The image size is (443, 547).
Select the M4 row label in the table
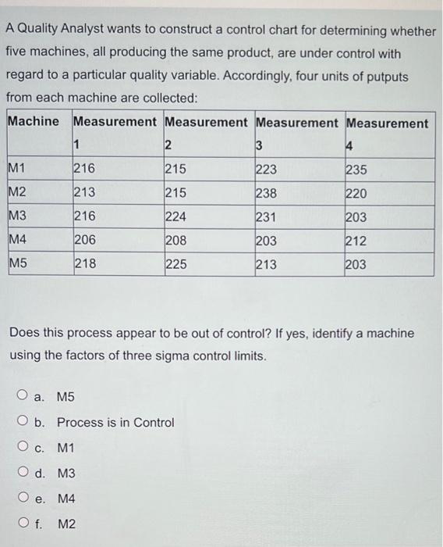click(17, 241)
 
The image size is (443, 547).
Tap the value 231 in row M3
click(266, 217)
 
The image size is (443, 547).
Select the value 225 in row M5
click(176, 264)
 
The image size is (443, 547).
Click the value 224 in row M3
click(176, 217)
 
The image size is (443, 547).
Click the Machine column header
click(33, 122)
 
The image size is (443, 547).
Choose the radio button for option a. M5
click(26, 397)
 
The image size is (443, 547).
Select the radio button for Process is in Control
click(26, 423)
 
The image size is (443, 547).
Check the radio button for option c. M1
click(26, 448)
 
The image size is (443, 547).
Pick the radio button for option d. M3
click(26, 474)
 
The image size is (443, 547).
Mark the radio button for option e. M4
click(26, 499)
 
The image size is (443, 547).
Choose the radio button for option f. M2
click(26, 524)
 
